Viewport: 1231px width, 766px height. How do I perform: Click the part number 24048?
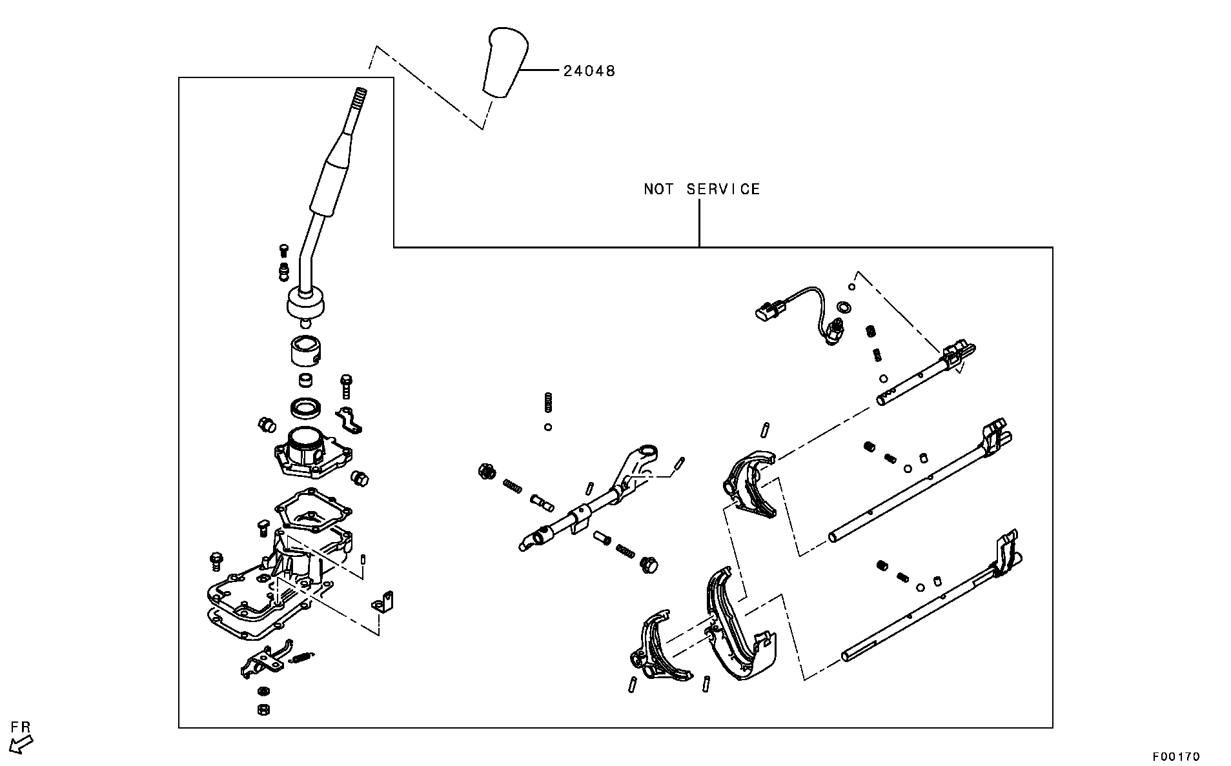tap(589, 70)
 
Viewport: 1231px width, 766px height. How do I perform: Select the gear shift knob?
tap(505, 62)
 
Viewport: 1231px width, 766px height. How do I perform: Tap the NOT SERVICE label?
tap(702, 189)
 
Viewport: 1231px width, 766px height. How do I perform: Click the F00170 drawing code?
tap(1176, 756)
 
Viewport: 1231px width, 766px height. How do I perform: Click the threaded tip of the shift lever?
tap(360, 99)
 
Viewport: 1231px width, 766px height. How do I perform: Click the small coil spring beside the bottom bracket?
tap(301, 657)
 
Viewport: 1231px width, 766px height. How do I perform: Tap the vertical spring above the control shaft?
tap(549, 403)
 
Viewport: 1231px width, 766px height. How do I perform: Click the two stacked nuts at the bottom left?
tap(263, 700)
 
